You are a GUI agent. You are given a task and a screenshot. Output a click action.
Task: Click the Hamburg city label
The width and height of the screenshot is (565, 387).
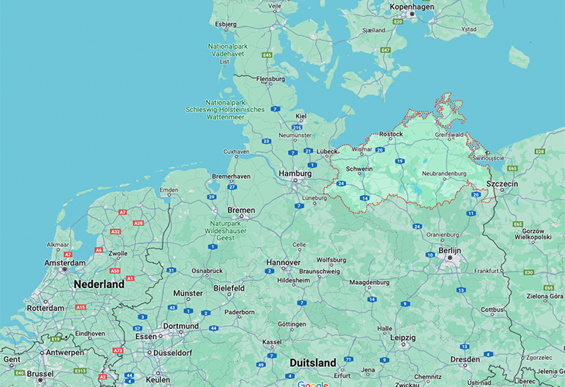[295, 173]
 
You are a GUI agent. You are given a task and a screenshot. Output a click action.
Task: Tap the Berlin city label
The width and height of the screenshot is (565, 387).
[449, 251]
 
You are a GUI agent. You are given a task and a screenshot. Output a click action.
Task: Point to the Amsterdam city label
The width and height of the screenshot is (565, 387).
[65, 263]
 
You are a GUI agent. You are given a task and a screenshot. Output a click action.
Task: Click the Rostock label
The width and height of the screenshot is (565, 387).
[391, 134]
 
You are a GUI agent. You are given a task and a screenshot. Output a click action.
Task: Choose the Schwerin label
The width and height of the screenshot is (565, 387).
[360, 168]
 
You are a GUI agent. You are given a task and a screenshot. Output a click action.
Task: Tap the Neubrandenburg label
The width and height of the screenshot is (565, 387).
[444, 173]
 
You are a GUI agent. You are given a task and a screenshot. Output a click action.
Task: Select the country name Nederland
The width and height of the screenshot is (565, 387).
[98, 285]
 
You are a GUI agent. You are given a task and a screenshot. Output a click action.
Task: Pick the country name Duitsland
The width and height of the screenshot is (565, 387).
[313, 362]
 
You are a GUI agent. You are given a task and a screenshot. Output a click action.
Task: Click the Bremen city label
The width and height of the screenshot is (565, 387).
[241, 211]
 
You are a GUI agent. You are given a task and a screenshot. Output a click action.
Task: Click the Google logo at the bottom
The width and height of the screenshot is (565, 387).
[313, 382]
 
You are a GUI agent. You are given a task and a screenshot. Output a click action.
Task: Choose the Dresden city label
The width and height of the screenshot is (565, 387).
[464, 359]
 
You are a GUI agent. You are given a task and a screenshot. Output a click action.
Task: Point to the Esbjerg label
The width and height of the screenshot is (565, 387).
[225, 23]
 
